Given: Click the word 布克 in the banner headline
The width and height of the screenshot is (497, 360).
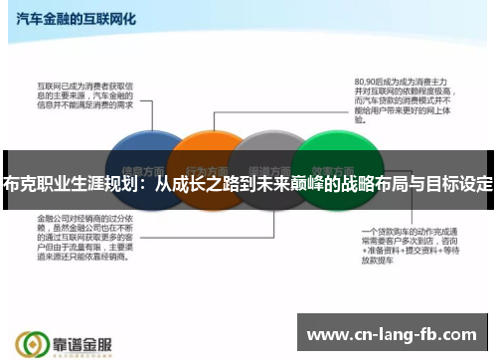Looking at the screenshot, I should coord(22,184).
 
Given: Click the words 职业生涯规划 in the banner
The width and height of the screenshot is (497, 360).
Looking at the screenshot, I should coord(85,184).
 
